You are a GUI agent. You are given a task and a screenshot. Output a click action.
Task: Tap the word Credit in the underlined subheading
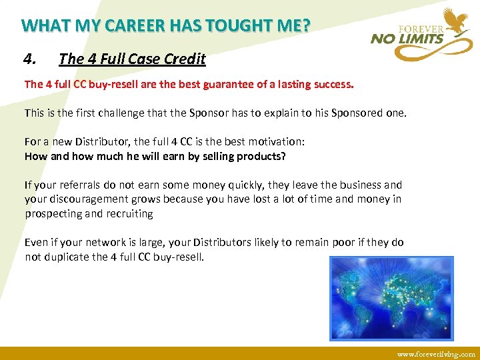point(185,59)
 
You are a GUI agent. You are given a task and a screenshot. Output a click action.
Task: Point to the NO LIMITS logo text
point(407,39)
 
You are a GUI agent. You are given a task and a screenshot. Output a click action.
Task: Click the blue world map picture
point(391,297)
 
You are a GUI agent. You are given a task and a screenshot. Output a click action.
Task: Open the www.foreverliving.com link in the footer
point(436,354)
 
